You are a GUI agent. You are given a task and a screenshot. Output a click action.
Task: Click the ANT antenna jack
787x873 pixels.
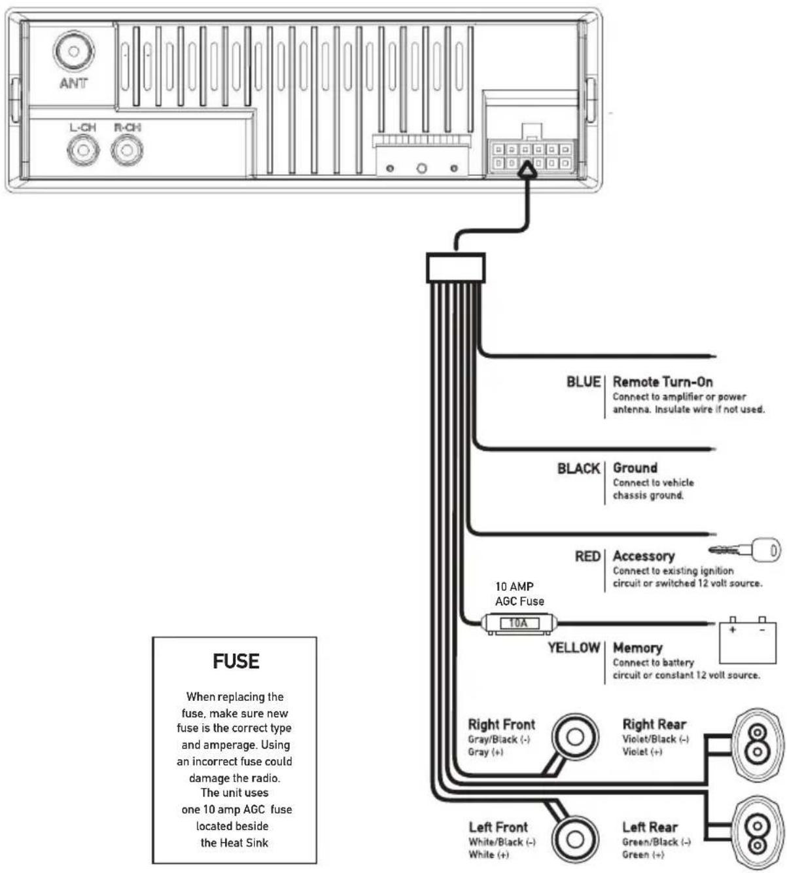[x=73, y=51]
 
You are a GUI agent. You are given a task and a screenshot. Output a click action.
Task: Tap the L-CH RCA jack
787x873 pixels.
[x=83, y=150]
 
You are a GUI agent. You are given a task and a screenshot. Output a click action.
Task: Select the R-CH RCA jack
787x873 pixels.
[x=127, y=150]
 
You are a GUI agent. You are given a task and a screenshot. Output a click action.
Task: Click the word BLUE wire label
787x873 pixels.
[x=584, y=382]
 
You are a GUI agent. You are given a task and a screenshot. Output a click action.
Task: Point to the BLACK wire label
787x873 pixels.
[x=578, y=469]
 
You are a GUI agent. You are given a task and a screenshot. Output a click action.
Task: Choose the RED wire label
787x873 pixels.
[x=587, y=557]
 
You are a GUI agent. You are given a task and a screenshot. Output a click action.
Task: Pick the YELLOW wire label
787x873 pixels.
[x=574, y=648]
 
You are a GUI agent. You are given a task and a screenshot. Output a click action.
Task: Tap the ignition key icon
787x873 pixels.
[x=744, y=550]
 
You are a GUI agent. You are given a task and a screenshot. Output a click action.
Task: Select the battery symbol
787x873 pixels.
[x=747, y=640]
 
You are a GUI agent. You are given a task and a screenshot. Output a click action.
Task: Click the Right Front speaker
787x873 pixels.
[x=575, y=738]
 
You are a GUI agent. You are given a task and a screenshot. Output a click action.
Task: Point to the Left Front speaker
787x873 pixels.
[x=575, y=838]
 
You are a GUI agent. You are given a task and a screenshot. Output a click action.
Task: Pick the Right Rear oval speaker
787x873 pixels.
[x=758, y=745]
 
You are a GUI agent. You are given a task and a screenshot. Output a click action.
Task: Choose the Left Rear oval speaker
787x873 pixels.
[x=758, y=833]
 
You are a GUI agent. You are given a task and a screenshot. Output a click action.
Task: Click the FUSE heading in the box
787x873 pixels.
[x=236, y=661]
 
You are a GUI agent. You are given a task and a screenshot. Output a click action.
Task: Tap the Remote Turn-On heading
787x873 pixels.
[x=663, y=382]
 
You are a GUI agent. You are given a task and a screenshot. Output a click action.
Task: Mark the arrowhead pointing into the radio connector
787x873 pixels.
[x=527, y=169]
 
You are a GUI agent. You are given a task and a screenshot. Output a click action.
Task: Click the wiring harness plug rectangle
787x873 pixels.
[x=455, y=268]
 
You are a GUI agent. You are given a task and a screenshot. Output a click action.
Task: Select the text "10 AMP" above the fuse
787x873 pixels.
[x=514, y=586]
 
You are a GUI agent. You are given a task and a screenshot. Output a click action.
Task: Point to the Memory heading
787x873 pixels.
[x=638, y=648]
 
